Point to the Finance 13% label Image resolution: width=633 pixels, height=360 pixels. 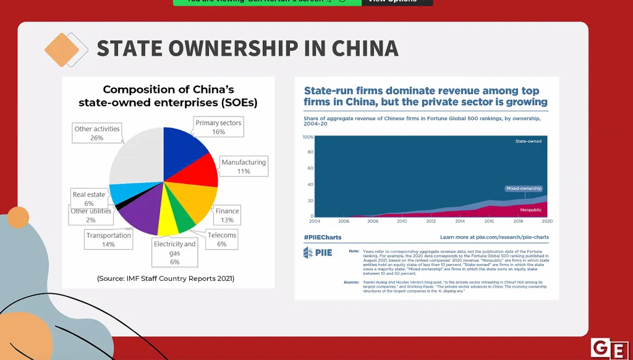[x=227, y=215]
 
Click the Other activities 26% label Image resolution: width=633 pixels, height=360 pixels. [x=96, y=133]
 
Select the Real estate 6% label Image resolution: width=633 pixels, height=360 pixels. [x=89, y=199]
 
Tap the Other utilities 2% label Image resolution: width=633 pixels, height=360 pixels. [x=91, y=215]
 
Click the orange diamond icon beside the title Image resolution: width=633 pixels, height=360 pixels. [x=63, y=49]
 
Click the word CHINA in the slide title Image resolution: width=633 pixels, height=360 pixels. [x=365, y=48]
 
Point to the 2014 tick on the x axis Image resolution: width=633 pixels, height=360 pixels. [x=460, y=221]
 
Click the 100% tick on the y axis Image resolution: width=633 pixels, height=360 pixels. [x=307, y=137]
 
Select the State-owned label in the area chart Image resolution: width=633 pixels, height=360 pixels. [x=528, y=141]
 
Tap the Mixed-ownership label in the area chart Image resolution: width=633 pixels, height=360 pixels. [x=524, y=188]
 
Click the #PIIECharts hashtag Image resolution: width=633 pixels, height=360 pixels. [x=322, y=237]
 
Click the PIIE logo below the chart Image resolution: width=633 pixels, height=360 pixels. [x=317, y=252]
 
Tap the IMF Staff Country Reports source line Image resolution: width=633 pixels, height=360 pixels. [x=166, y=278]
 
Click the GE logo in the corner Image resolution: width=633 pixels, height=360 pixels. [x=610, y=349]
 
